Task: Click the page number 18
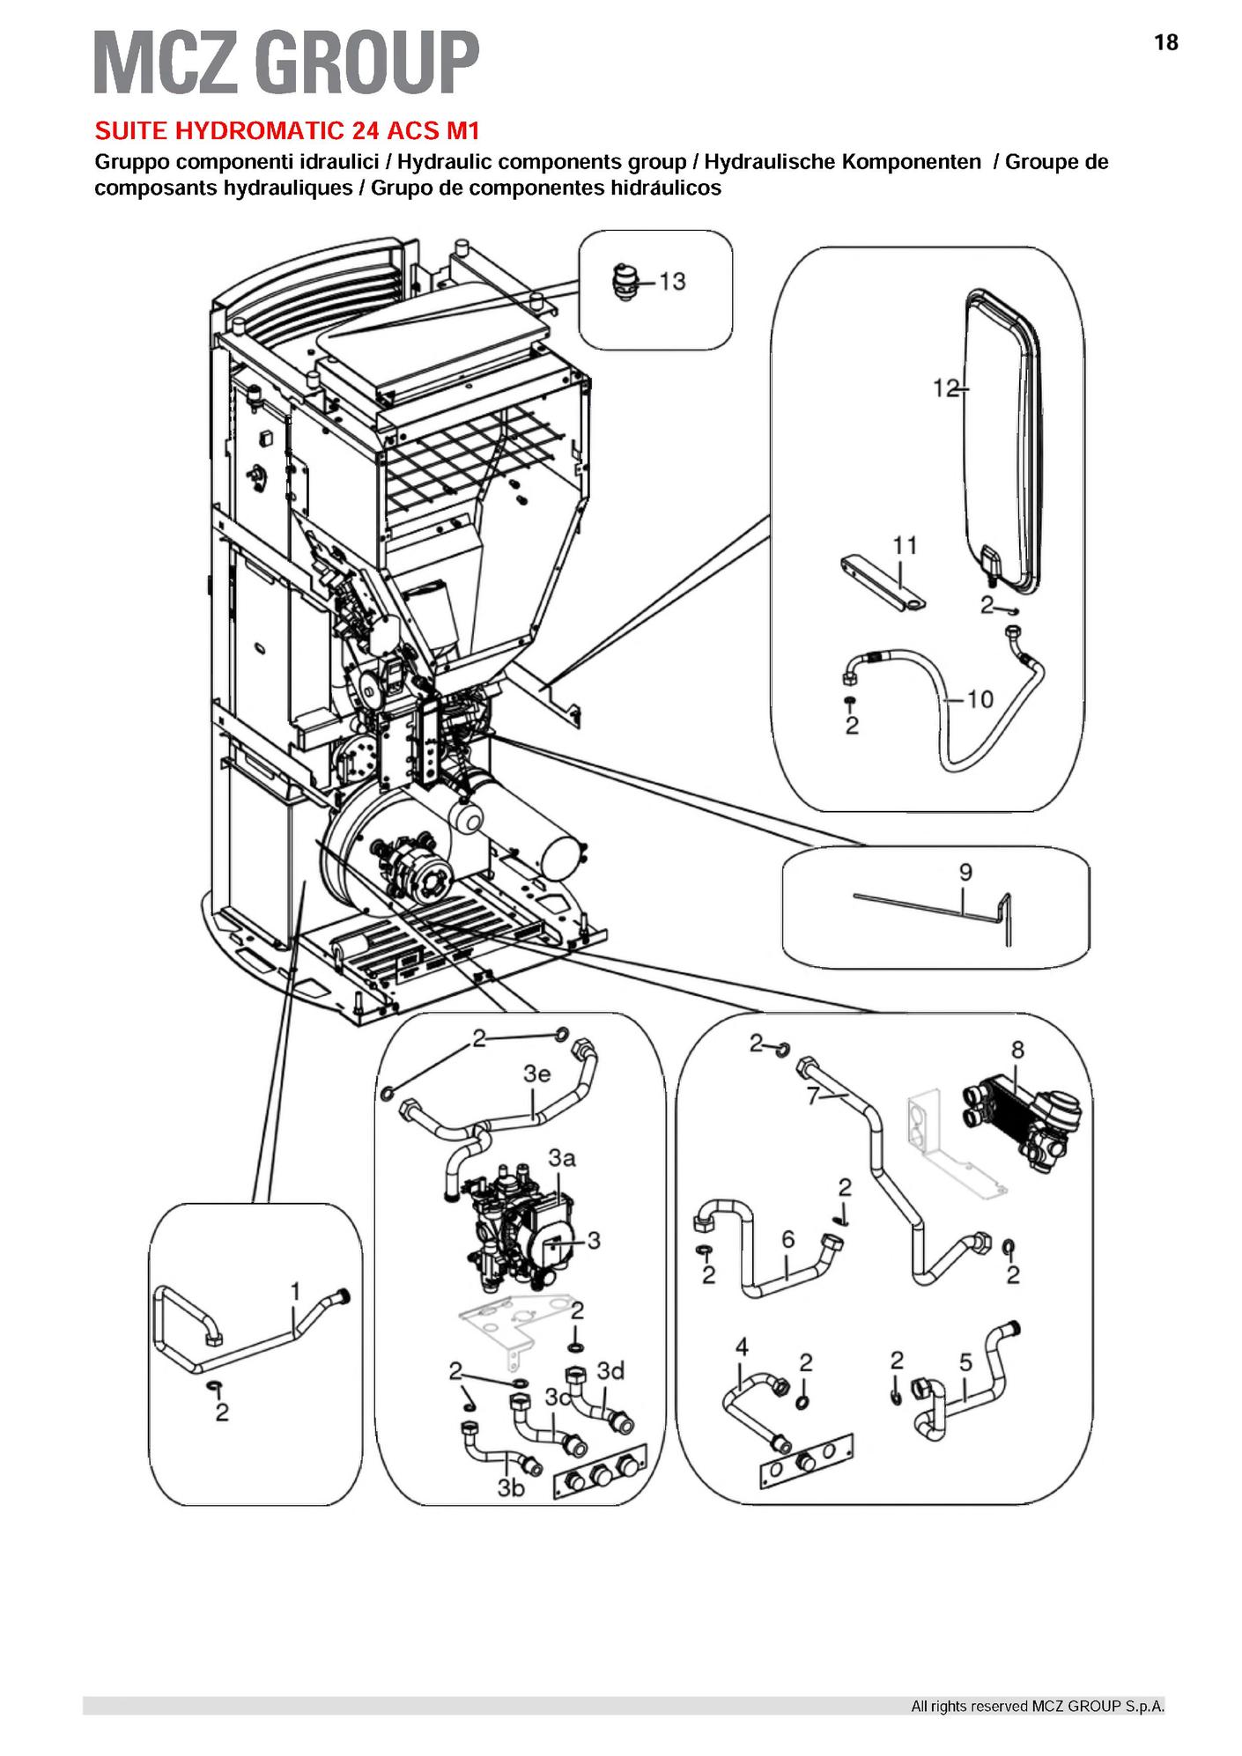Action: click(x=1165, y=42)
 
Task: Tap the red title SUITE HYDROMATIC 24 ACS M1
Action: click(x=287, y=131)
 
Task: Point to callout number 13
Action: click(x=672, y=281)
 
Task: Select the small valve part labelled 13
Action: click(x=624, y=284)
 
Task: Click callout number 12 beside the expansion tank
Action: click(x=945, y=387)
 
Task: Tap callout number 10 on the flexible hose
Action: click(x=980, y=699)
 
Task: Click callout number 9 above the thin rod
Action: click(x=965, y=873)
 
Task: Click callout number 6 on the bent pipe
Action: click(x=787, y=1240)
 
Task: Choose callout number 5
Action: click(x=965, y=1363)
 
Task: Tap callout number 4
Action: click(x=742, y=1347)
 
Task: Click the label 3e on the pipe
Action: click(x=536, y=1074)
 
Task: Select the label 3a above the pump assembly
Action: click(x=562, y=1158)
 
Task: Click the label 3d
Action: click(x=610, y=1371)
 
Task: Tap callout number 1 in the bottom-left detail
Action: click(x=296, y=1291)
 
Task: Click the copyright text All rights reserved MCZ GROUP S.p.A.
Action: click(x=1038, y=1706)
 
